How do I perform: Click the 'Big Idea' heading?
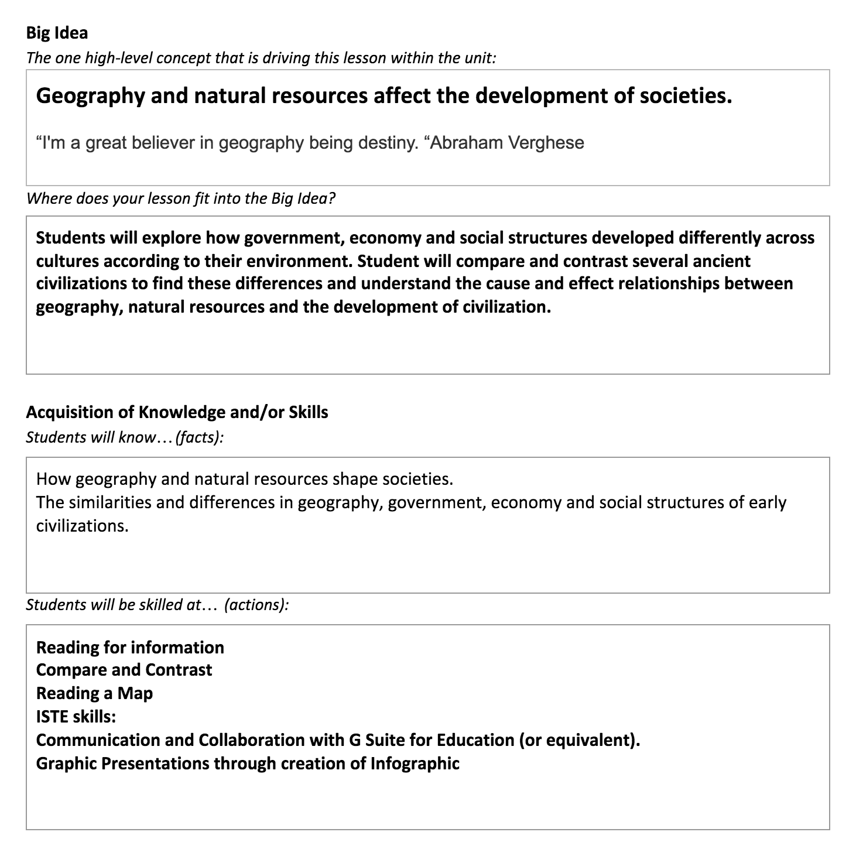[x=57, y=33]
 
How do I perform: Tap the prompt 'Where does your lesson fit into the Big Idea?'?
[x=180, y=198]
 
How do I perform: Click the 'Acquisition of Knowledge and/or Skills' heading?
[x=177, y=412]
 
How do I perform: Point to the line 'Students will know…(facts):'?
[x=125, y=437]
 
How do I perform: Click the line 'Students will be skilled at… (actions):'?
[x=157, y=605]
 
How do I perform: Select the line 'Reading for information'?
[x=130, y=647]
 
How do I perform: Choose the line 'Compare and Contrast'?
[x=124, y=670]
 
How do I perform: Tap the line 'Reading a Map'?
[x=94, y=693]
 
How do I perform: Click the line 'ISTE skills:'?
[x=76, y=717]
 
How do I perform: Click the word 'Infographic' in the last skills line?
[x=415, y=763]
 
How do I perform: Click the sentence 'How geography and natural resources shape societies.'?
[x=244, y=479]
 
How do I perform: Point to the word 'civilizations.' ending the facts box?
[x=82, y=525]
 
